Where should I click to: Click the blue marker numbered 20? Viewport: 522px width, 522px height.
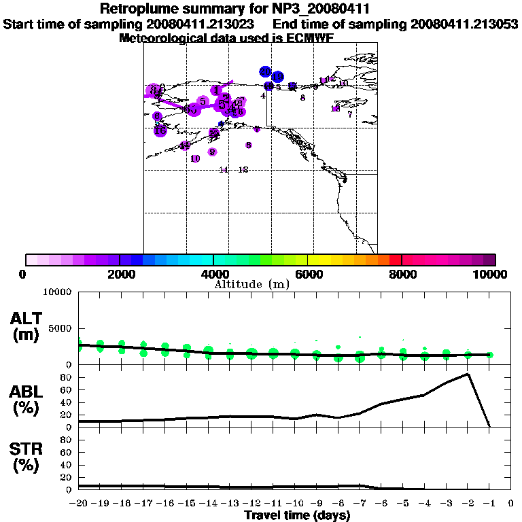click(265, 72)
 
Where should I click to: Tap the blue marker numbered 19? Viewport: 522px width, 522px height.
click(277, 77)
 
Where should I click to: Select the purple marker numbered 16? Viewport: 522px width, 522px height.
click(160, 130)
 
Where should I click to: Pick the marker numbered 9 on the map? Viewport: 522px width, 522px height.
click(212, 152)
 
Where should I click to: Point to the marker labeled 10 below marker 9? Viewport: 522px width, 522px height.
click(196, 158)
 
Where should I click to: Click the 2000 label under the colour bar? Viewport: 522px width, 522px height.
click(120, 274)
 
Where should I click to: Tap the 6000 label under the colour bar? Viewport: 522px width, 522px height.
click(308, 274)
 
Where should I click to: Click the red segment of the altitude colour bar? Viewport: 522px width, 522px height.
click(395, 260)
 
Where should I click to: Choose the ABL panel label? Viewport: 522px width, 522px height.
click(28, 398)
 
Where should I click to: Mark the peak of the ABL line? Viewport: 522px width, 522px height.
click(468, 374)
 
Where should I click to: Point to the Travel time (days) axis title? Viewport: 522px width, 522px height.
click(297, 515)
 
